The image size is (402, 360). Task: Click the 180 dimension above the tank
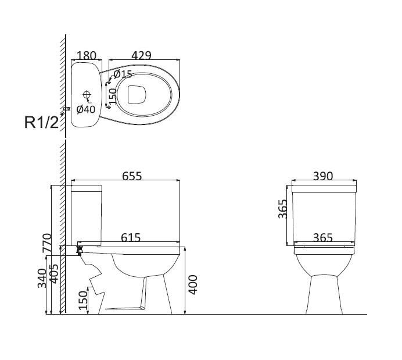[87, 55]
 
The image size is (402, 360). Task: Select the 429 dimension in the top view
[142, 55]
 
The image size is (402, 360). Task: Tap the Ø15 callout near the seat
[123, 74]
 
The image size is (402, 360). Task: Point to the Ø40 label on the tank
[86, 109]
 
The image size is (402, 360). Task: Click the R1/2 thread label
[41, 122]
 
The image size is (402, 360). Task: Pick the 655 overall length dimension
[132, 176]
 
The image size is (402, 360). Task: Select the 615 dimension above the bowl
[131, 238]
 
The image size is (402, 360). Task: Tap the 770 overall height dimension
[47, 243]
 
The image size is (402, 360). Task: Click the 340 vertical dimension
[42, 279]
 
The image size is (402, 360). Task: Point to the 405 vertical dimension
[54, 274]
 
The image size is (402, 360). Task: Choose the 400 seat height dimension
[193, 284]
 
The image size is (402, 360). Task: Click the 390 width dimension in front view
[323, 176]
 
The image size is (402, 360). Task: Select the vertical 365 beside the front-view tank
[283, 209]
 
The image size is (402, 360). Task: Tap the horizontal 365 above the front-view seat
[323, 238]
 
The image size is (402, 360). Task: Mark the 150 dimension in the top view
[113, 97]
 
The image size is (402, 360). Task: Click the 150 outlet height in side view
[83, 300]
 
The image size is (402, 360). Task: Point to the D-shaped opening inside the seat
[137, 95]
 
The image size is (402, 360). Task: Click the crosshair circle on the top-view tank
[87, 94]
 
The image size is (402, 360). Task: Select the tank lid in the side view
[87, 188]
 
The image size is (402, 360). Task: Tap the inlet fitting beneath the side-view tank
[80, 250]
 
